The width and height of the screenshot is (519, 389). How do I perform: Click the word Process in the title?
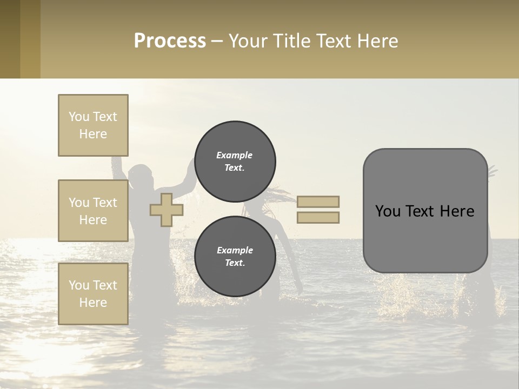coord(170,41)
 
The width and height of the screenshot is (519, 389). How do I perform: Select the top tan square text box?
coord(93,125)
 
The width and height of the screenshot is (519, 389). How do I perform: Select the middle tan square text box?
coord(93,211)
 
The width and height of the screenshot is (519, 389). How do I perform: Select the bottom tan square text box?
coord(93,293)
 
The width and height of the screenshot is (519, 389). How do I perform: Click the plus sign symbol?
coord(166,210)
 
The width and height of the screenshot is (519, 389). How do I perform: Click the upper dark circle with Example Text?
coord(235,161)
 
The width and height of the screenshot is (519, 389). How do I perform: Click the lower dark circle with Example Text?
coord(235,256)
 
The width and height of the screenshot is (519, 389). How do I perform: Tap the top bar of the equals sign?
coord(318,202)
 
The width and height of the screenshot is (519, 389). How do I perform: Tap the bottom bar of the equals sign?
coord(318,217)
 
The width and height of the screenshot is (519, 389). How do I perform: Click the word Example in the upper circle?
coord(235,155)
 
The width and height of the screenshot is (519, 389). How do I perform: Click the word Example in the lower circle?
coord(235,250)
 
